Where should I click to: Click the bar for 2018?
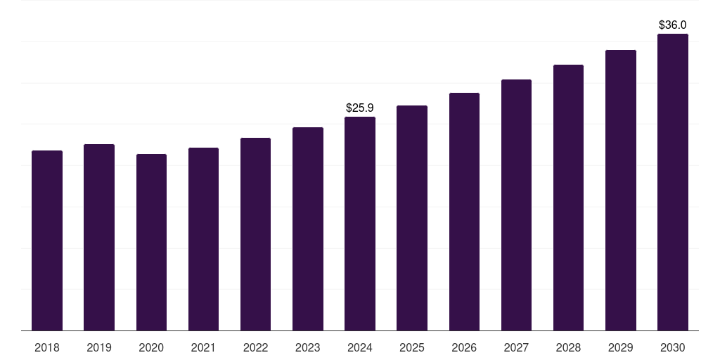tap(47, 240)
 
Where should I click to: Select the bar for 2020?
tap(151, 243)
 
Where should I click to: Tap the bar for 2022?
tap(255, 234)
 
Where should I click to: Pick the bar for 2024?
tap(360, 224)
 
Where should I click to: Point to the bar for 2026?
tap(464, 212)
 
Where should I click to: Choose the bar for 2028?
tap(568, 198)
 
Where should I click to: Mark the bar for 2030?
tap(673, 182)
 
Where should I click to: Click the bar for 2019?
tap(99, 238)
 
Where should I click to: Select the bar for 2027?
tap(516, 205)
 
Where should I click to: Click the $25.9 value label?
tap(360, 108)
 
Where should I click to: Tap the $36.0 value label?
tap(673, 25)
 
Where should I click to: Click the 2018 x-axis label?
tap(47, 347)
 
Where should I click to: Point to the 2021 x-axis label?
tap(203, 347)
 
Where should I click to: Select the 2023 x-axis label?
tap(308, 347)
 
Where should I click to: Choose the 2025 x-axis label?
tap(412, 347)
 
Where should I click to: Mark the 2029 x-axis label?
tap(621, 347)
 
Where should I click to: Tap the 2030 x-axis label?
tap(673, 347)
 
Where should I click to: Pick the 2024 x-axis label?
tap(360, 347)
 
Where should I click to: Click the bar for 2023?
tap(308, 229)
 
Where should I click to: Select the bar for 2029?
tap(621, 191)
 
